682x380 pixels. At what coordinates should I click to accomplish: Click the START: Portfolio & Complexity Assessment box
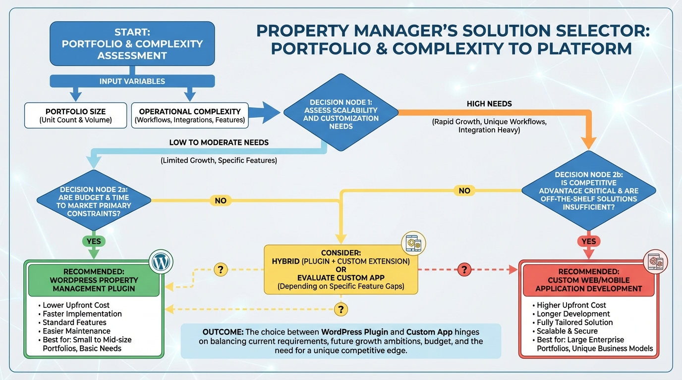[x=132, y=44]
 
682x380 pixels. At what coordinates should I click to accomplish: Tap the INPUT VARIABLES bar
[x=132, y=81]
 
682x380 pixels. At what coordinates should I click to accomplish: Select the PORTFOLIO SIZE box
[x=75, y=115]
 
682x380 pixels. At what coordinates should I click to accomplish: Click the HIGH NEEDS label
[x=489, y=104]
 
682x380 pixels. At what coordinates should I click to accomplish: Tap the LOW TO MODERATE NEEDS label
[x=219, y=142]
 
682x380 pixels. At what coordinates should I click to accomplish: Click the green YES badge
[x=94, y=241]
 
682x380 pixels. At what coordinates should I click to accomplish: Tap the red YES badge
[x=588, y=241]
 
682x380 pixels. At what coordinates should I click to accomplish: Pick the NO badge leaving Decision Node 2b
[x=464, y=190]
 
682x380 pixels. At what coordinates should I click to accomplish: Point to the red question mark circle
[x=463, y=270]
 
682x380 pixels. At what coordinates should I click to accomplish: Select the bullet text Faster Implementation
[x=82, y=314]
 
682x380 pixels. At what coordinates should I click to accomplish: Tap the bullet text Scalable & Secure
[x=568, y=331]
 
